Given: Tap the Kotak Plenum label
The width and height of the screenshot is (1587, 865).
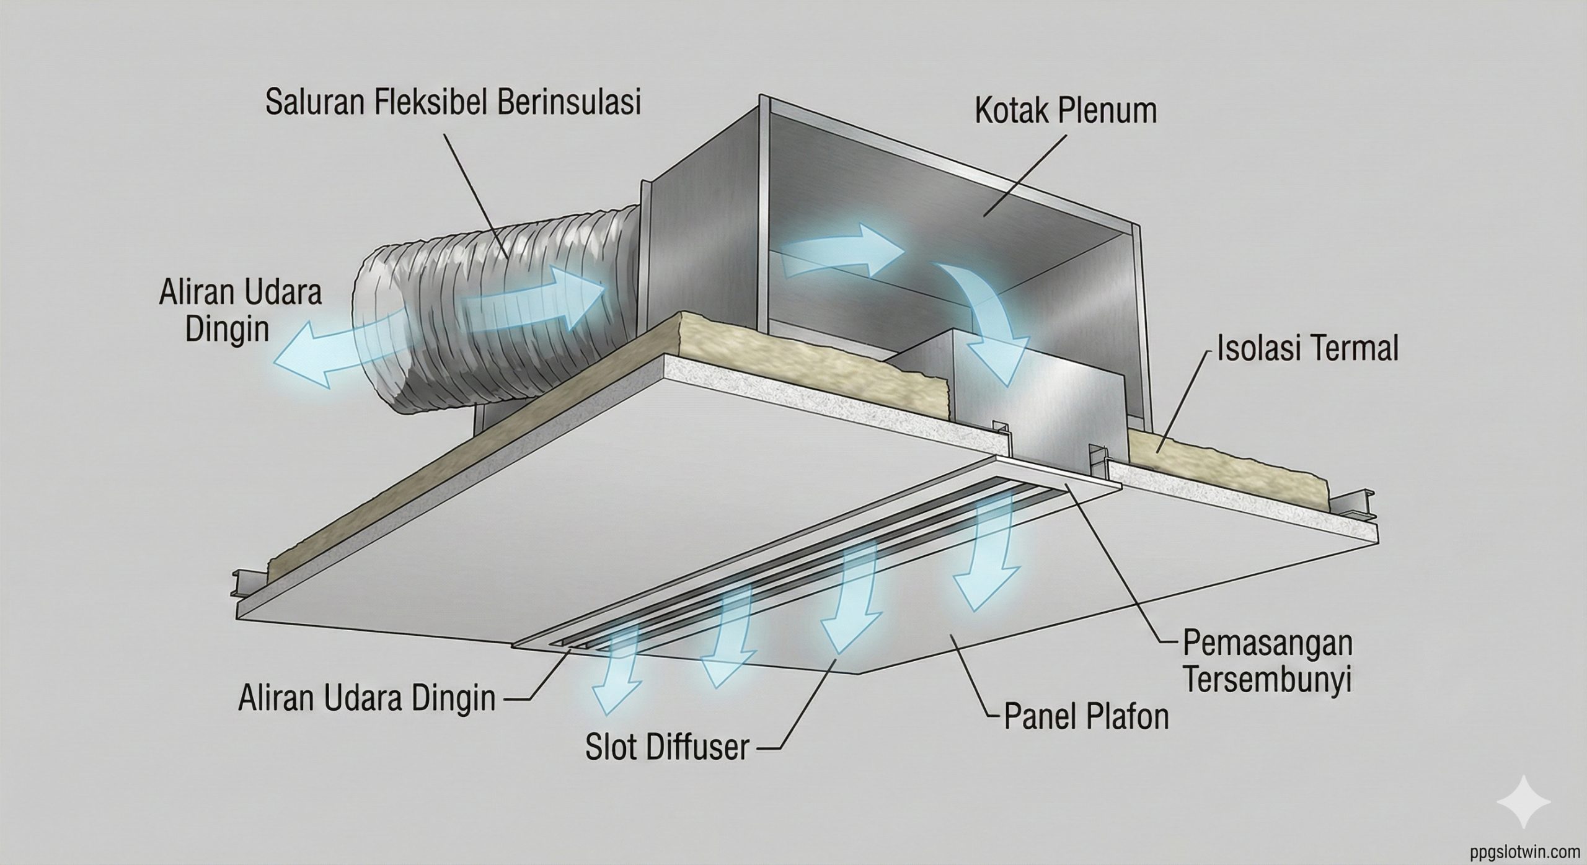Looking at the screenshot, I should tap(1066, 112).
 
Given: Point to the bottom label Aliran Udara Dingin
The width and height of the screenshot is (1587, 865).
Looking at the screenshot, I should tap(367, 699).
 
